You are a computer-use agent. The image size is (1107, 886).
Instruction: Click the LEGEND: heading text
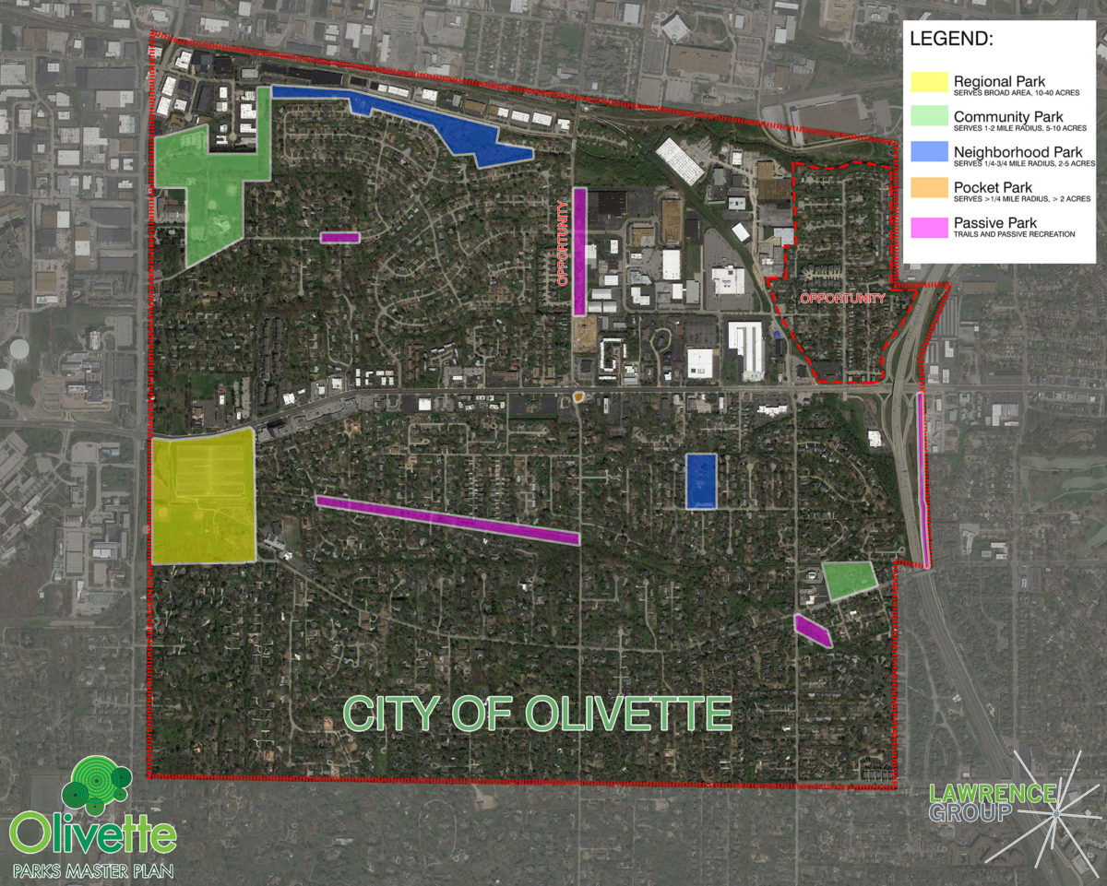[952, 41]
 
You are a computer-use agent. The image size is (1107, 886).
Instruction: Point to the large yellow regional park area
[204, 498]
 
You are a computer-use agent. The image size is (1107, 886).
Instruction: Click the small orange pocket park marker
[578, 397]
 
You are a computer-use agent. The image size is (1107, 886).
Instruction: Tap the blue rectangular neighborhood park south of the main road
[701, 480]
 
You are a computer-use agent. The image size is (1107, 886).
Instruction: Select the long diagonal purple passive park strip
[447, 520]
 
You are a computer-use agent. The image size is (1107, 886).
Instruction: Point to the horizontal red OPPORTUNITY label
[841, 299]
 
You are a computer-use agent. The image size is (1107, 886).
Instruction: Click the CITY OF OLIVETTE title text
[538, 715]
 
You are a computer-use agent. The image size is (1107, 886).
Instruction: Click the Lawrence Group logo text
[993, 802]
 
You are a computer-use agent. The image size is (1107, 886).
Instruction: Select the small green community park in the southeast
[850, 580]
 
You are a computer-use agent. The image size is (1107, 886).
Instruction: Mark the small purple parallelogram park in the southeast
[813, 631]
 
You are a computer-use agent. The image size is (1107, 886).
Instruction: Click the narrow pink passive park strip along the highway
[922, 479]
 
